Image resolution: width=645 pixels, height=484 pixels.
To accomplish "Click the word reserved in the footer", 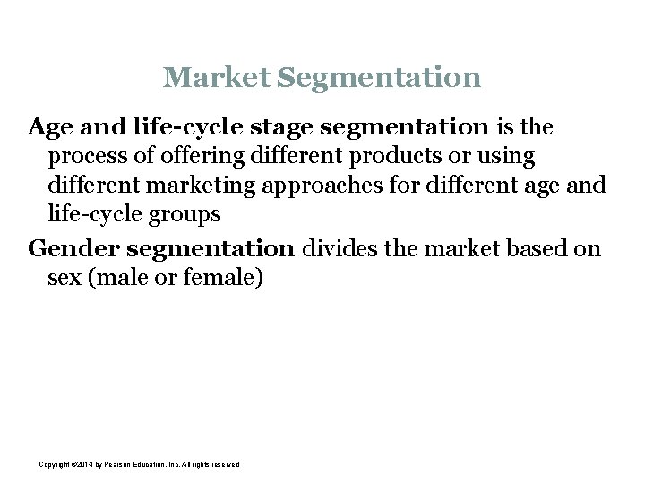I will (x=224, y=463).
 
